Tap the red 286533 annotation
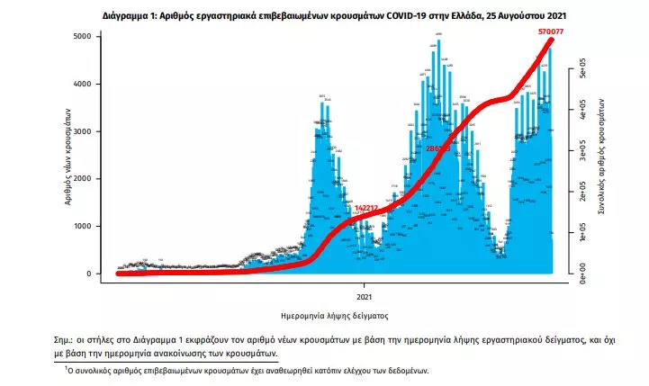439,147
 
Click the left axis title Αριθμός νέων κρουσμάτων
68,155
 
